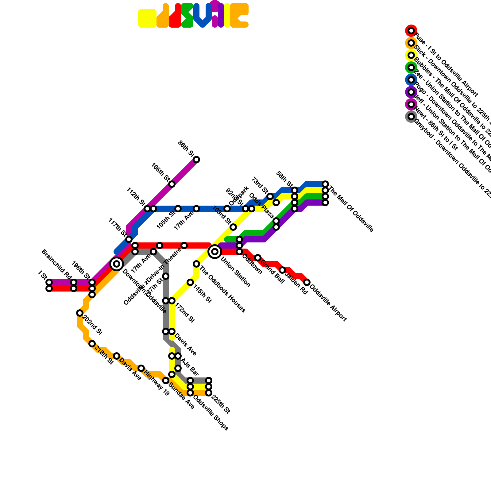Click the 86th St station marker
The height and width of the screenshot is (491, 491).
[x=196, y=160]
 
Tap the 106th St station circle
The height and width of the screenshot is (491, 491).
[x=172, y=184]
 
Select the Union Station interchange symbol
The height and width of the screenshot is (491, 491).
[x=215, y=252]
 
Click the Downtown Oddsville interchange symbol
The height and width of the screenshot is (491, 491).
[x=117, y=264]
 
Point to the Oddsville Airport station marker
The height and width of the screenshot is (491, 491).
[x=307, y=282]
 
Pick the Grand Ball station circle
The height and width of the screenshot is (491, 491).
[x=258, y=258]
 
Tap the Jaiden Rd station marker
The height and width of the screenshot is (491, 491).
[x=282, y=270]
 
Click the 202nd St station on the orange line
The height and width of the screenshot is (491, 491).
[x=80, y=313]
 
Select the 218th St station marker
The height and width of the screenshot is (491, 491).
[x=92, y=344]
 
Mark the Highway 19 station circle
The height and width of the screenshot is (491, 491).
[x=141, y=368]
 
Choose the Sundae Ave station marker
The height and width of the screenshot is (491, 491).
[x=166, y=381]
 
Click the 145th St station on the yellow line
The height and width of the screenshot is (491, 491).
[x=190, y=282]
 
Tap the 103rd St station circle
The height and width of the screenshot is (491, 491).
[x=233, y=227]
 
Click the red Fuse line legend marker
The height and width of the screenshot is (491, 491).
[x=411, y=31]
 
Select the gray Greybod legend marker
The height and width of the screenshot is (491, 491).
[x=411, y=117]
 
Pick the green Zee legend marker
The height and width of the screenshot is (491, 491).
[x=411, y=68]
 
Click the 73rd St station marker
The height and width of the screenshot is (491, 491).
[x=270, y=196]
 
